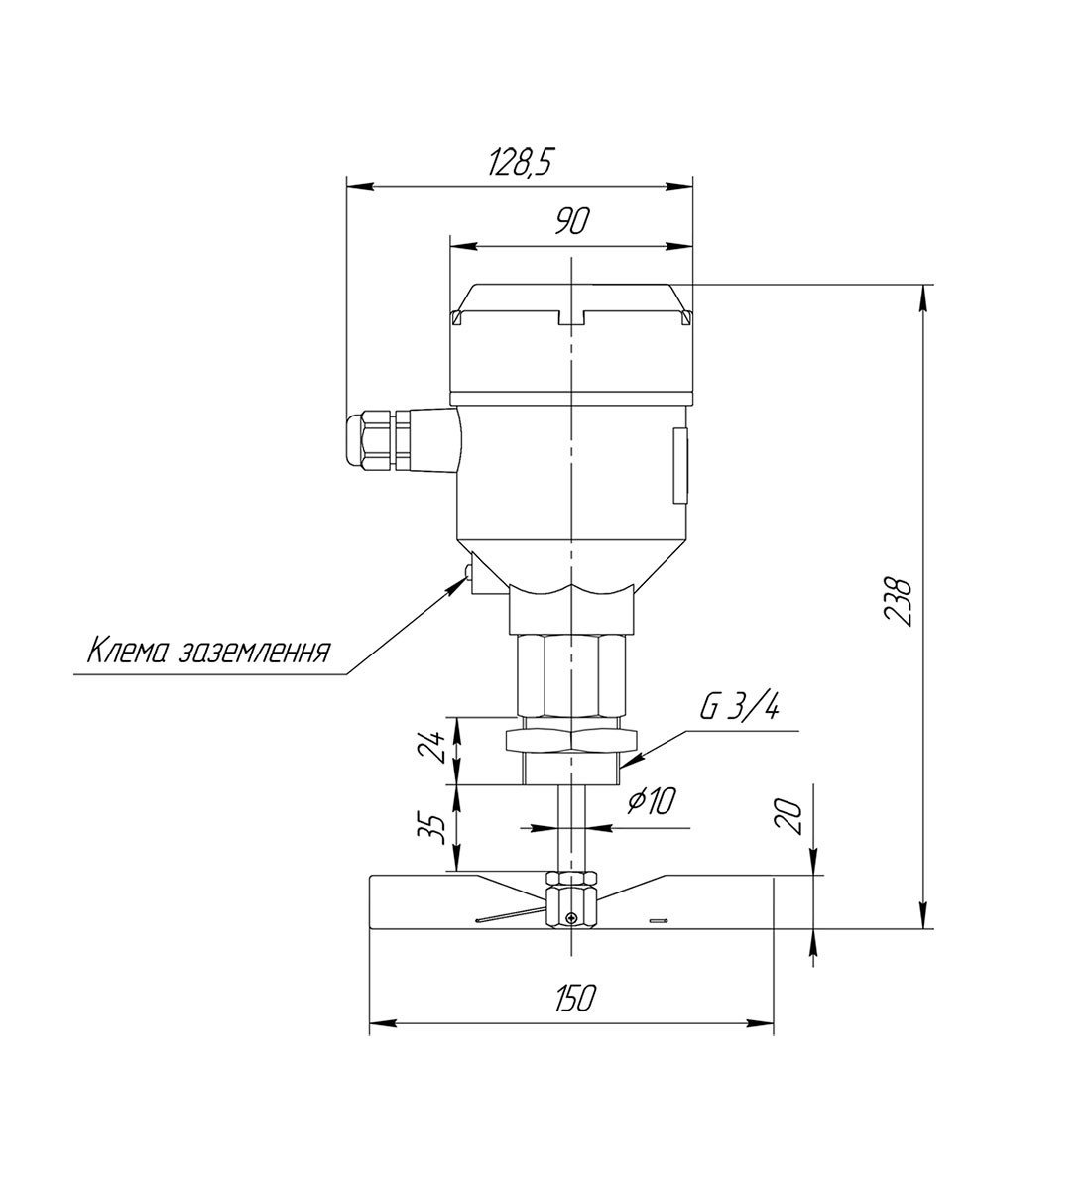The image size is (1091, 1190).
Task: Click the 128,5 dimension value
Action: pos(520,163)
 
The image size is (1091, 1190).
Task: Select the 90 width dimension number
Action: pos(572,222)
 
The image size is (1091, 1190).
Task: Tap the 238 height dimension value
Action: pos(897,600)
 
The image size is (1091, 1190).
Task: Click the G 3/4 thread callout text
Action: pos(739,707)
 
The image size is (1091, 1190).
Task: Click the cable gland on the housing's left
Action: pos(377,443)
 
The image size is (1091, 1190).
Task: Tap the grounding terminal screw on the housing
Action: pos(466,571)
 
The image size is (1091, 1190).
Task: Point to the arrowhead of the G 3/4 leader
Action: pos(630,762)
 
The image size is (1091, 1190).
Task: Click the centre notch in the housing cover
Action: pos(572,319)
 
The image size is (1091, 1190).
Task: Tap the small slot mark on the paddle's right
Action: pos(656,921)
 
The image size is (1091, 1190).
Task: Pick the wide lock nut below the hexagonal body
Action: pos(571,740)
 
